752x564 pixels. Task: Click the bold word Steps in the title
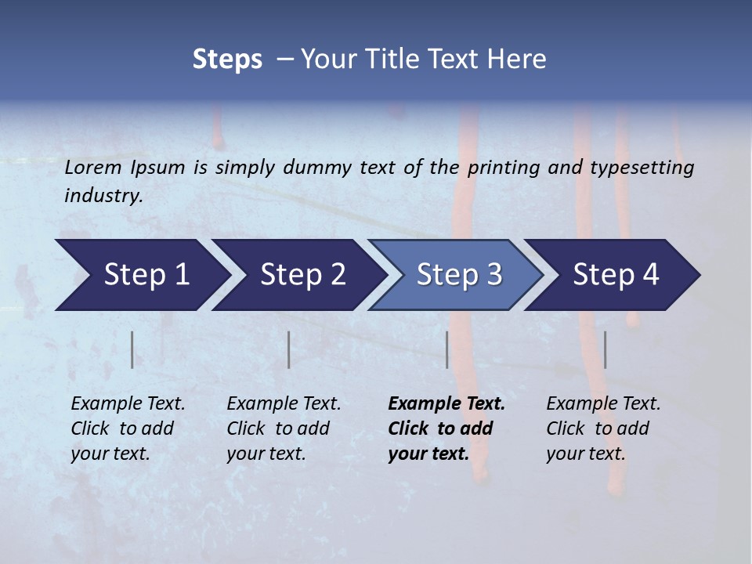[227, 60]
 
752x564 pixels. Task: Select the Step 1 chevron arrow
[141, 275]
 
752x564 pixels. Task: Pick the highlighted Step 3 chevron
[456, 275]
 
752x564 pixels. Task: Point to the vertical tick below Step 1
[132, 349]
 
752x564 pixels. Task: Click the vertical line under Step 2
[289, 349]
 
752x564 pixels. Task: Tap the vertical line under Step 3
[446, 349]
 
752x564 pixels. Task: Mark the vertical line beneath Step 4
[605, 349]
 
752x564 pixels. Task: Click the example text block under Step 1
[128, 428]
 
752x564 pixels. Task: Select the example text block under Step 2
[284, 428]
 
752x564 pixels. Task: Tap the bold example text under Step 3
[446, 428]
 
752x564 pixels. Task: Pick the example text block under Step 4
[603, 428]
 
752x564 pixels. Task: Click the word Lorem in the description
[93, 168]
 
